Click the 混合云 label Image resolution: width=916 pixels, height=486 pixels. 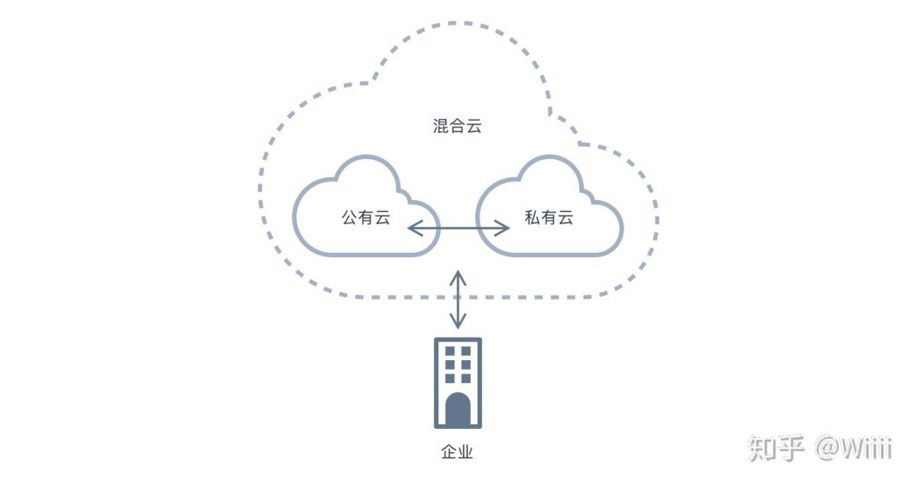click(x=457, y=126)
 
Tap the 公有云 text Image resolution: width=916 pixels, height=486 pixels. click(x=366, y=217)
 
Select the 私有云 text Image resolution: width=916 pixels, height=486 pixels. click(x=548, y=217)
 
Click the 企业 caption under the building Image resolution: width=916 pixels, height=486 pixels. click(x=457, y=451)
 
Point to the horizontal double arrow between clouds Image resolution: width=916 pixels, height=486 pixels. click(x=458, y=229)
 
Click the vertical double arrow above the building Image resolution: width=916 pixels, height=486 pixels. click(x=458, y=301)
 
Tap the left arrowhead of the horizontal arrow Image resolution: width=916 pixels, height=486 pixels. click(x=412, y=229)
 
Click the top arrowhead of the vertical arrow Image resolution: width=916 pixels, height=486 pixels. click(x=458, y=274)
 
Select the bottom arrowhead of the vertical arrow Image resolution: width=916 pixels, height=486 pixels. click(x=458, y=327)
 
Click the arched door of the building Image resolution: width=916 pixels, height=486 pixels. click(x=458, y=408)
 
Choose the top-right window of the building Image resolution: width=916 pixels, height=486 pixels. click(x=466, y=351)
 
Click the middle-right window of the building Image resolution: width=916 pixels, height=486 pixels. click(x=466, y=365)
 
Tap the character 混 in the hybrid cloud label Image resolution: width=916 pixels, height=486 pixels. click(x=441, y=126)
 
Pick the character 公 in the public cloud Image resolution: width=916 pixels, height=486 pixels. click(x=350, y=217)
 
